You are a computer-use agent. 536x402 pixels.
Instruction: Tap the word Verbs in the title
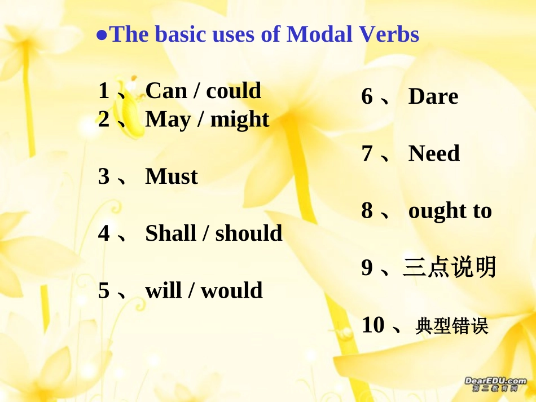[389, 34]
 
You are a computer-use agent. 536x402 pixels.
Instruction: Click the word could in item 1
[234, 91]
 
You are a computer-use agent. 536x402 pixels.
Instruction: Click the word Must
[172, 176]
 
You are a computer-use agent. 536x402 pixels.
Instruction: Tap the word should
[249, 233]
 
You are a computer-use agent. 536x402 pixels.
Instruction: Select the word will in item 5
[162, 290]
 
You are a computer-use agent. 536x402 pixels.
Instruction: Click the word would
[232, 290]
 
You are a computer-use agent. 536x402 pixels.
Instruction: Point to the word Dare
[433, 96]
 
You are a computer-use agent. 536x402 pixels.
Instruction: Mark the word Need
[434, 153]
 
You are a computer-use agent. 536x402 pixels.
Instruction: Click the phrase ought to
[450, 211]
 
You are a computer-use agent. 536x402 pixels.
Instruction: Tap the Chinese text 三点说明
[449, 267]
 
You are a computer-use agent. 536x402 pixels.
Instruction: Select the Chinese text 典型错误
[451, 326]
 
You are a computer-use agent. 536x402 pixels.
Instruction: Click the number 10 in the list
[373, 325]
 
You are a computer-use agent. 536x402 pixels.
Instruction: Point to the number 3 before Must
[104, 176]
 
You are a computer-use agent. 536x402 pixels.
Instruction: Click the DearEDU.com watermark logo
[495, 385]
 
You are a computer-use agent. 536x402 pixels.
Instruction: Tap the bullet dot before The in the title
[102, 35]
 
